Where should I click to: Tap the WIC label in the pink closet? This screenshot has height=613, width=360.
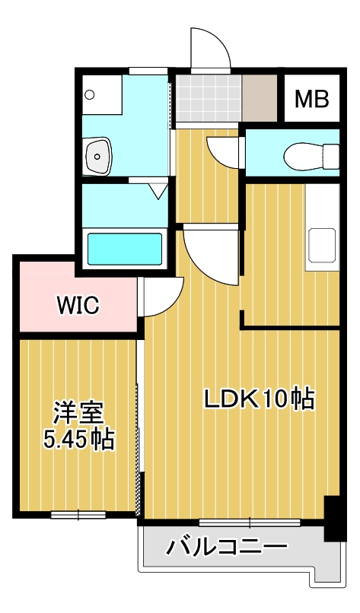pyautogui.click(x=78, y=305)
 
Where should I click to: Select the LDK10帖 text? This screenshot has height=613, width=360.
pyautogui.click(x=259, y=399)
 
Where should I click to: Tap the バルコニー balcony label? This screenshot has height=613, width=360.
pyautogui.click(x=228, y=546)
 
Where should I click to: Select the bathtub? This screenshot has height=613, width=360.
pyautogui.click(x=126, y=249)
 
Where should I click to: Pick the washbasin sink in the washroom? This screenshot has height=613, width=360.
pyautogui.click(x=98, y=156)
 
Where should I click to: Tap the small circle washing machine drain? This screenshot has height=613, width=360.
pyautogui.click(x=90, y=95)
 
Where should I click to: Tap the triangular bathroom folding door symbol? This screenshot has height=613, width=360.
pyautogui.click(x=158, y=189)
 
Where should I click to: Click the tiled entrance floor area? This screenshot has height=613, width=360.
pyautogui.click(x=208, y=100)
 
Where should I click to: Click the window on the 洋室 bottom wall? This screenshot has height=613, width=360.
pyautogui.click(x=78, y=515)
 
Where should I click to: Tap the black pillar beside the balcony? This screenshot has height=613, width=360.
pyautogui.click(x=333, y=518)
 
